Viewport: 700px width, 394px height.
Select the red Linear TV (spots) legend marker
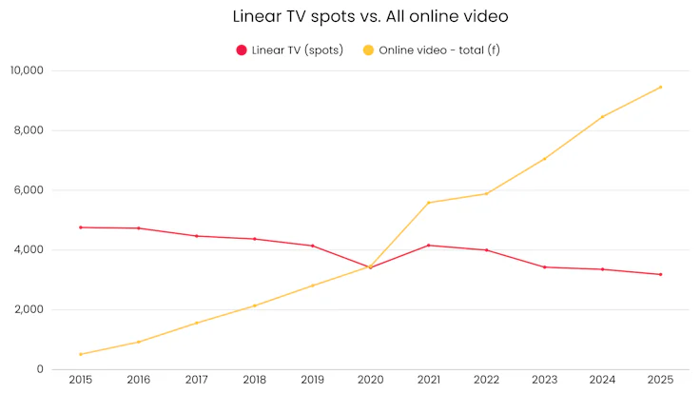pyautogui.click(x=242, y=49)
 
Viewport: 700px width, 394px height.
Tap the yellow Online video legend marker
pyautogui.click(x=366, y=49)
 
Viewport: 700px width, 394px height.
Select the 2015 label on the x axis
pyautogui.click(x=81, y=380)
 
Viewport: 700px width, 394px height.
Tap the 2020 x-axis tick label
pyautogui.click(x=370, y=380)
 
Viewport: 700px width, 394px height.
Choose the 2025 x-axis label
pyautogui.click(x=660, y=380)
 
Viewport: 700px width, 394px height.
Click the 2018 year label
pyautogui.click(x=255, y=380)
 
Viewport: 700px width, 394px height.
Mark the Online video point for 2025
pyautogui.click(x=660, y=88)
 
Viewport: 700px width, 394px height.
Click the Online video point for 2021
pyautogui.click(x=428, y=203)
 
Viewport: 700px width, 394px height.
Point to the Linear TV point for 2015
pyautogui.click(x=81, y=227)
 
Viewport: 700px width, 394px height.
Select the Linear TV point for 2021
pyautogui.click(x=428, y=246)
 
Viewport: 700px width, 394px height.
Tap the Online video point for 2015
pyautogui.click(x=81, y=354)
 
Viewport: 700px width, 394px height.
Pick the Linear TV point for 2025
pyautogui.click(x=660, y=274)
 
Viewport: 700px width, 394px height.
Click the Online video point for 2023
pyautogui.click(x=544, y=159)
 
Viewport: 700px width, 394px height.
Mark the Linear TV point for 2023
pyautogui.click(x=544, y=267)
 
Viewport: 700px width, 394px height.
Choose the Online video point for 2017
pyautogui.click(x=197, y=323)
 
